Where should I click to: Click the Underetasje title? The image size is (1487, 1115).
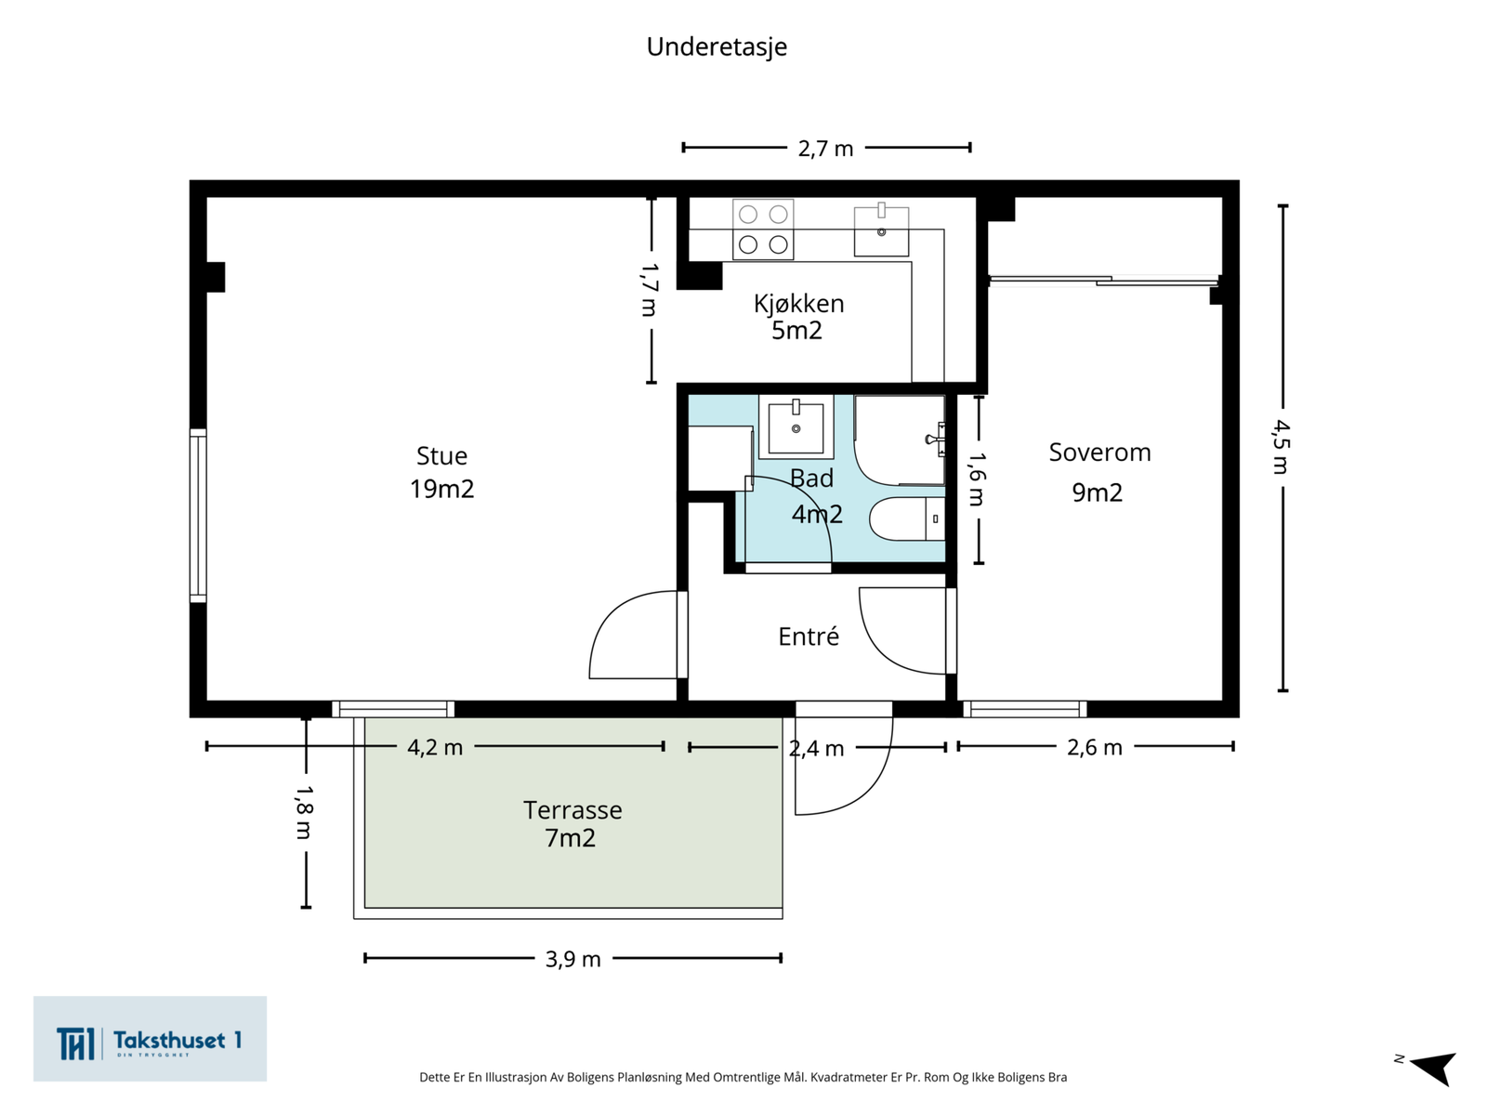point(716,47)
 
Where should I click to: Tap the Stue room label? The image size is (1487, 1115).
point(441,455)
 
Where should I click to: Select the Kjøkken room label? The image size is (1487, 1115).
point(798,304)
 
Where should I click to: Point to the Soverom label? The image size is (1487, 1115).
point(1099,453)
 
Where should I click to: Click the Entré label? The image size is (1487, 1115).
point(809,636)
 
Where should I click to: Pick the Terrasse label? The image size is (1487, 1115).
point(572,809)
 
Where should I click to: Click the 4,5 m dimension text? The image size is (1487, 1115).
point(1281,447)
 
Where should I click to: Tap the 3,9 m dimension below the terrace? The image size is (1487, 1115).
point(573,959)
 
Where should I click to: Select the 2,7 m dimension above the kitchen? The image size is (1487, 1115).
point(825,149)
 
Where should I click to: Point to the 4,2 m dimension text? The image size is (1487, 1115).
point(435,747)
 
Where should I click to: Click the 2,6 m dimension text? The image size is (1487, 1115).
point(1095,747)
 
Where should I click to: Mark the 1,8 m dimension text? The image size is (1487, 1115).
point(304,812)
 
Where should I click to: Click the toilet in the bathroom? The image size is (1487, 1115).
point(907,518)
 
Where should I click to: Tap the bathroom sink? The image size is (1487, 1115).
point(796,427)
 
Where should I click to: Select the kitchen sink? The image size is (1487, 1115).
point(881,230)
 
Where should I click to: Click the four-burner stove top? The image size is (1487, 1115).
point(763,229)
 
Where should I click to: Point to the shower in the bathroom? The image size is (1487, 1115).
point(900,440)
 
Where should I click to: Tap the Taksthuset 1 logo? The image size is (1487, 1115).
point(150,1039)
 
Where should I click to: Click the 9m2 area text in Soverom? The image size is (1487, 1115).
point(1097,492)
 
